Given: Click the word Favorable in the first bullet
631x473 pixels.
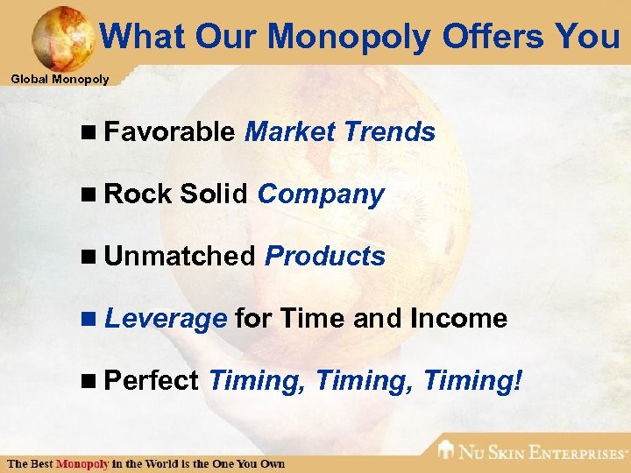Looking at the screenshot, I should (x=168, y=132).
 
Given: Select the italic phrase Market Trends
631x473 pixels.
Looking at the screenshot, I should (x=340, y=132).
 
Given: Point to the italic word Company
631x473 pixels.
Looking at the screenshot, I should (x=321, y=194).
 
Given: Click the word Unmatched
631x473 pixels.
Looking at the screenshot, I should (x=179, y=257).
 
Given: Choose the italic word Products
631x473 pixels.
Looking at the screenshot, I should (x=325, y=257).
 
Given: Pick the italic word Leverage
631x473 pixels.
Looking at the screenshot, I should (x=166, y=319).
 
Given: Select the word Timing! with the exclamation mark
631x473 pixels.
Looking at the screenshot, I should (x=473, y=381).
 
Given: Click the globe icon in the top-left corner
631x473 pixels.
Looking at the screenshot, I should (x=61, y=37).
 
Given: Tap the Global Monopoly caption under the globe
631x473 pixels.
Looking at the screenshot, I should (x=60, y=80).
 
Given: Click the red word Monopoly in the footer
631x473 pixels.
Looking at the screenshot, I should (x=82, y=462).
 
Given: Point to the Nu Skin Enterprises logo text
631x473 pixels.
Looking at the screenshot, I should (x=543, y=453).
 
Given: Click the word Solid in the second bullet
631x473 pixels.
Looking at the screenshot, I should (x=215, y=194).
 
